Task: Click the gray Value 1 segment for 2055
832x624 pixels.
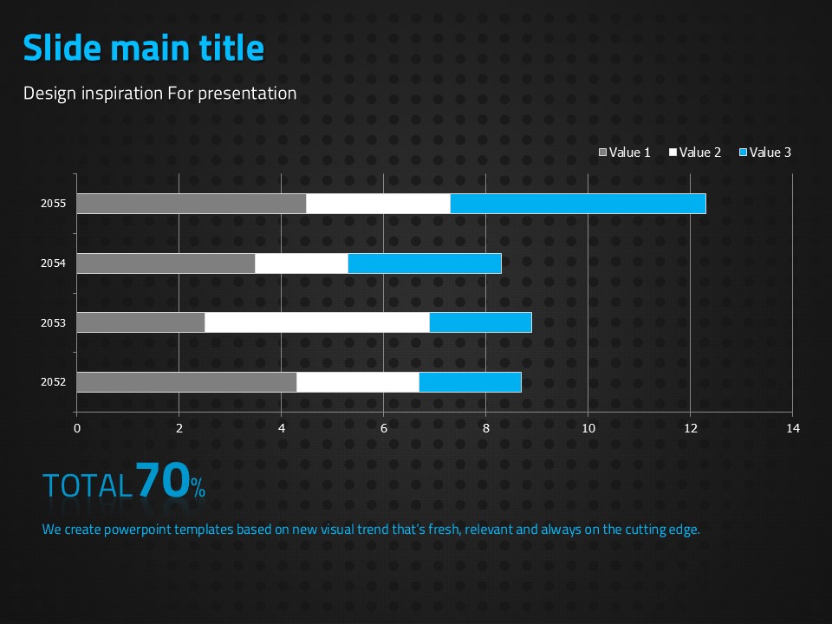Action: click(x=191, y=204)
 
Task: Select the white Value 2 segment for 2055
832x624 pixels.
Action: click(x=378, y=204)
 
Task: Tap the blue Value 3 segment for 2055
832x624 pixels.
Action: click(x=578, y=204)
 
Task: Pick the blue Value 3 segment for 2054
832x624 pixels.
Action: click(x=425, y=263)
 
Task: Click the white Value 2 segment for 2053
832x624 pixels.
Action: click(x=317, y=322)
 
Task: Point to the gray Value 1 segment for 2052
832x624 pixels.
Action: click(x=186, y=382)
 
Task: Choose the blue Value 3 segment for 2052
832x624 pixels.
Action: click(x=470, y=382)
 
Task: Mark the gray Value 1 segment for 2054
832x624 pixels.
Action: click(x=166, y=263)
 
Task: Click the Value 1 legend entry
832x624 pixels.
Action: click(x=625, y=153)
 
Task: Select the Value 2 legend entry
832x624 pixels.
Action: click(x=695, y=153)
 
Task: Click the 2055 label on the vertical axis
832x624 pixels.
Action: click(x=54, y=204)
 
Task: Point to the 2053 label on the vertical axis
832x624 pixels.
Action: click(x=54, y=322)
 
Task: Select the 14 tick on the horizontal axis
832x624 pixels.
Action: click(x=792, y=428)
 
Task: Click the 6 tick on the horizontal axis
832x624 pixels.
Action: click(x=383, y=428)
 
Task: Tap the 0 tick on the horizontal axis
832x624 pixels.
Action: click(x=76, y=428)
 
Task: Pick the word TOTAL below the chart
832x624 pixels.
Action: click(x=88, y=485)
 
